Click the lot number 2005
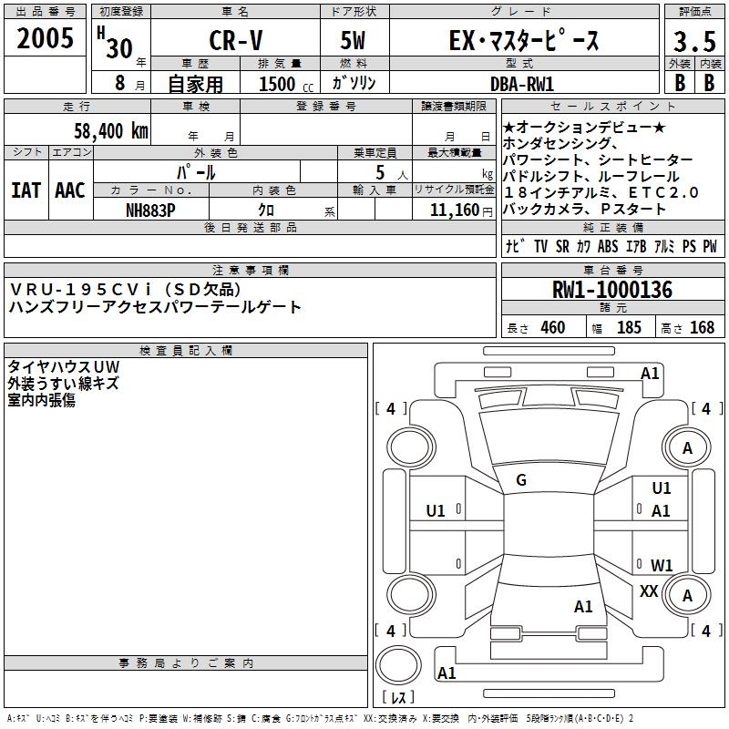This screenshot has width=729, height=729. click(45, 37)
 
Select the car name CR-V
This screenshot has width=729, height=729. click(236, 40)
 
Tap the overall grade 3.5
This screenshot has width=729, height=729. click(694, 41)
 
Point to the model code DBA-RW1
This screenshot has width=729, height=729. click(522, 84)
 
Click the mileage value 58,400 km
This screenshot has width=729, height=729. click(111, 130)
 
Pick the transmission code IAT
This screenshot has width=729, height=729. click(26, 190)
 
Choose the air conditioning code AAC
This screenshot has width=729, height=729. click(70, 190)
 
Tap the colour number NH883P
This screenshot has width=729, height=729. click(150, 210)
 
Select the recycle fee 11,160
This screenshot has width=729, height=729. click(455, 210)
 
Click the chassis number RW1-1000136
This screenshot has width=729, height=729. click(612, 289)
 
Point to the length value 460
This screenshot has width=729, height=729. click(553, 327)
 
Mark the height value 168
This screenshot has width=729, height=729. click(702, 327)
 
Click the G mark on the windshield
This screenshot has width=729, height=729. click(521, 480)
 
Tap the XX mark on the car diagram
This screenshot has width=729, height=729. click(649, 590)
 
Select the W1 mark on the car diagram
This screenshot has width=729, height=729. click(662, 565)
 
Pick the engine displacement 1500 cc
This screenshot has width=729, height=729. click(286, 84)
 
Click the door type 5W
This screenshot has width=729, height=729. click(353, 40)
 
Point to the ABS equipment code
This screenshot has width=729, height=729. click(608, 246)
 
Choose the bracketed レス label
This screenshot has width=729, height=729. click(398, 697)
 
